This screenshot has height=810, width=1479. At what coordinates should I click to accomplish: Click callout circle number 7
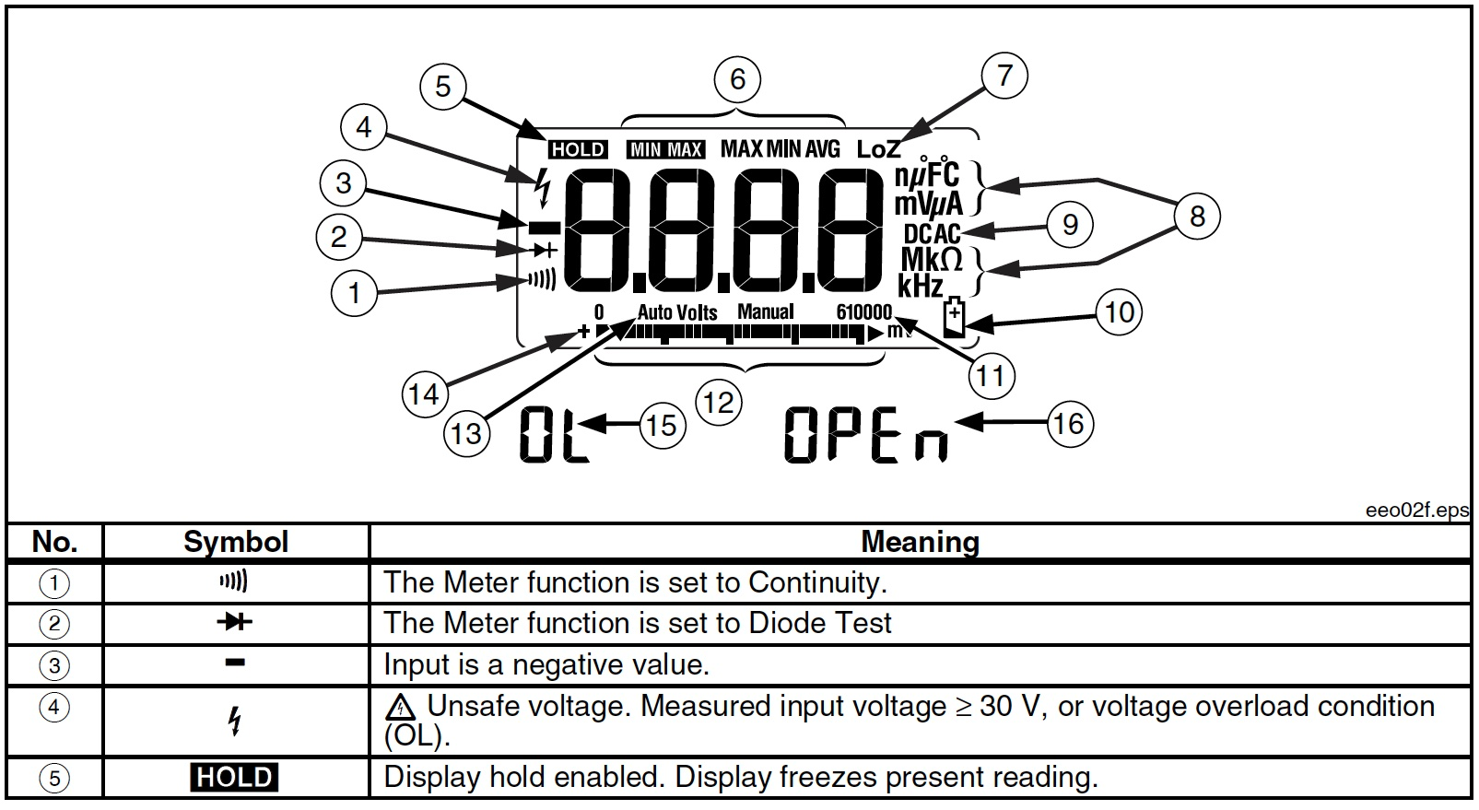pos(1004,76)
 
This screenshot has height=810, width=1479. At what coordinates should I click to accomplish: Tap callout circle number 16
pos(1069,424)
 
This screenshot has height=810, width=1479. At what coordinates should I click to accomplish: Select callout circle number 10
pos(1119,311)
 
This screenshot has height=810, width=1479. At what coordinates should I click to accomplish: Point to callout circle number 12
pos(718,402)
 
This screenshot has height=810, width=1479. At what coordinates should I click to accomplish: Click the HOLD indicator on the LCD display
pos(578,149)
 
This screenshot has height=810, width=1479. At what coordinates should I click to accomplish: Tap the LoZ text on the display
pos(877,149)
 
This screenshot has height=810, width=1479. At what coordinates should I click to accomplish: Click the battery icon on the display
pos(954,319)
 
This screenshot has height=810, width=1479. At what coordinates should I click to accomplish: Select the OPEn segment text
pos(865,436)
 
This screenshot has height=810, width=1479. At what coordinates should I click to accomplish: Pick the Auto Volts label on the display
pos(676,312)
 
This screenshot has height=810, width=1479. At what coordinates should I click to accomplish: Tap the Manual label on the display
pos(765,311)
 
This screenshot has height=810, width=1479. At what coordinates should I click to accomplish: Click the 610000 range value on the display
pos(863,312)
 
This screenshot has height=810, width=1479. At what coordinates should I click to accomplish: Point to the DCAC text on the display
pos(931,234)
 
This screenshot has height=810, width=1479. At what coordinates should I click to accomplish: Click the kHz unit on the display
pos(921,287)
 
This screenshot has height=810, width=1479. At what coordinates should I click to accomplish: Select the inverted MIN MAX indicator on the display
pos(666,149)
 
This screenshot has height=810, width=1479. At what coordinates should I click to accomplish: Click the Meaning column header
pos(919,542)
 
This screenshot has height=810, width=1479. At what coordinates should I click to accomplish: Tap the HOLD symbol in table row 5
pos(234,778)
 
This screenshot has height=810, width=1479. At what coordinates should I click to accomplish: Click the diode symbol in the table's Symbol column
pos(234,623)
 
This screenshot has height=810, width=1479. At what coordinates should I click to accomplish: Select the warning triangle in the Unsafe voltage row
pos(400,708)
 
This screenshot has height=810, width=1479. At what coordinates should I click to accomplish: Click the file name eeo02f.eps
pos(1416,511)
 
